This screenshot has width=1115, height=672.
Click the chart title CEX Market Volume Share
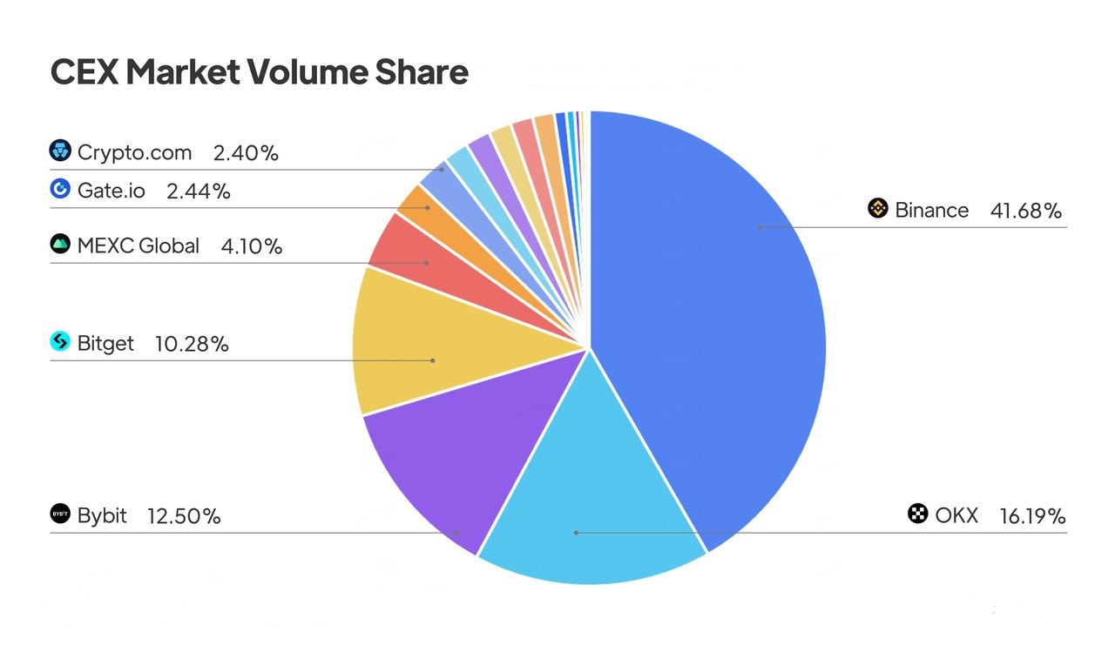click(x=260, y=71)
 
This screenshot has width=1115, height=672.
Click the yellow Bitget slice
click(x=436, y=348)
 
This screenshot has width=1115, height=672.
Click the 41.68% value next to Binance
click(x=1026, y=211)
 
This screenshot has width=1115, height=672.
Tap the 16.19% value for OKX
click(x=1032, y=516)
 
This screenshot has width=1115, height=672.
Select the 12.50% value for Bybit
click(x=184, y=516)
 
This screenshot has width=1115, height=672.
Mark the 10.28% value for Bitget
click(x=192, y=344)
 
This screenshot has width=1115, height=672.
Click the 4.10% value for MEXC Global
click(x=252, y=246)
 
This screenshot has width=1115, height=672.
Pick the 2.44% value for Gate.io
click(x=199, y=192)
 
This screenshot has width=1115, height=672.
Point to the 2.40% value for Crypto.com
click(x=246, y=153)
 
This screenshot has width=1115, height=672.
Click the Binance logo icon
click(x=877, y=209)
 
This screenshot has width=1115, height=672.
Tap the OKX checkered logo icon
click(x=917, y=514)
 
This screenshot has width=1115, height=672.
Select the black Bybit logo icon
click(x=60, y=514)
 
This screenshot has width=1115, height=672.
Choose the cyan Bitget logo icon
click(x=60, y=342)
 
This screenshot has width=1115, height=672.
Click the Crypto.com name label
click(x=134, y=153)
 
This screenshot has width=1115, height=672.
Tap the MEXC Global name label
click(x=138, y=246)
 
